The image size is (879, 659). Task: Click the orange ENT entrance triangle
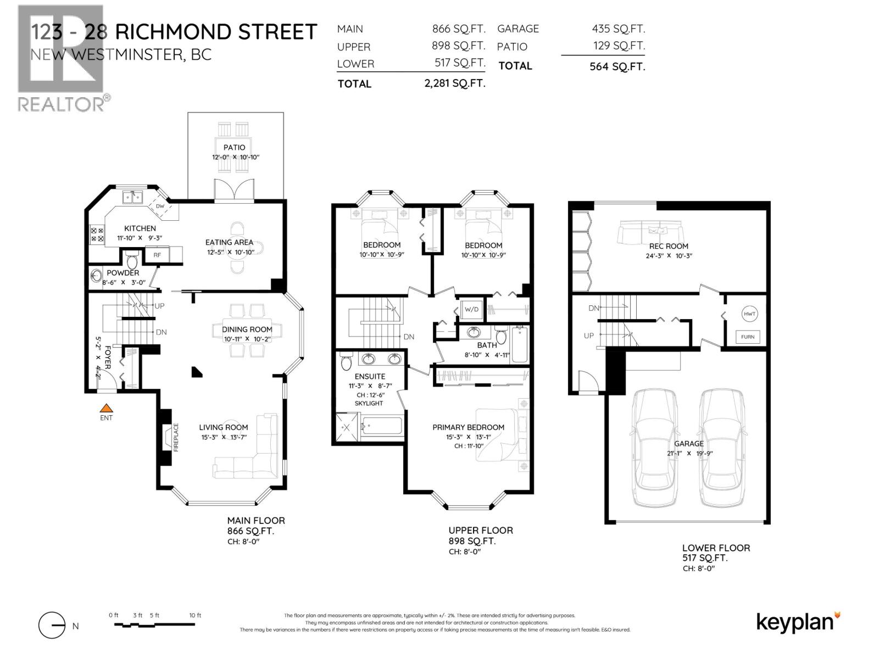(106, 408)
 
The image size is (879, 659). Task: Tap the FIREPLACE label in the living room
(176, 437)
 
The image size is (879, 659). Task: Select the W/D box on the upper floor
(471, 309)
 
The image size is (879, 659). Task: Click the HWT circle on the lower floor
(749, 314)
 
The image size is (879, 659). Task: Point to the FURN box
(748, 337)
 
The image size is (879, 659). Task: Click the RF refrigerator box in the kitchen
(157, 255)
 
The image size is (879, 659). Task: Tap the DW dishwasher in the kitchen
(160, 206)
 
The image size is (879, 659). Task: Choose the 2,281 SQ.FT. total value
(452, 83)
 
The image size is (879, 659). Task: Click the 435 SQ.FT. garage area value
(618, 29)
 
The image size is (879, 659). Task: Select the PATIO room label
(234, 147)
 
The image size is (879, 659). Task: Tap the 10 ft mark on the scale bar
(195, 616)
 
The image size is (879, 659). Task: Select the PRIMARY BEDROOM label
(468, 427)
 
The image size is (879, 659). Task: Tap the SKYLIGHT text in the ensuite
(369, 403)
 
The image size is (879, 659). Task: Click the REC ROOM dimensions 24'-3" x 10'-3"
(669, 256)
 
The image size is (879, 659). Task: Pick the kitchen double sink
(133, 196)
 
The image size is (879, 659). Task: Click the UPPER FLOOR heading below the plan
(481, 530)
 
